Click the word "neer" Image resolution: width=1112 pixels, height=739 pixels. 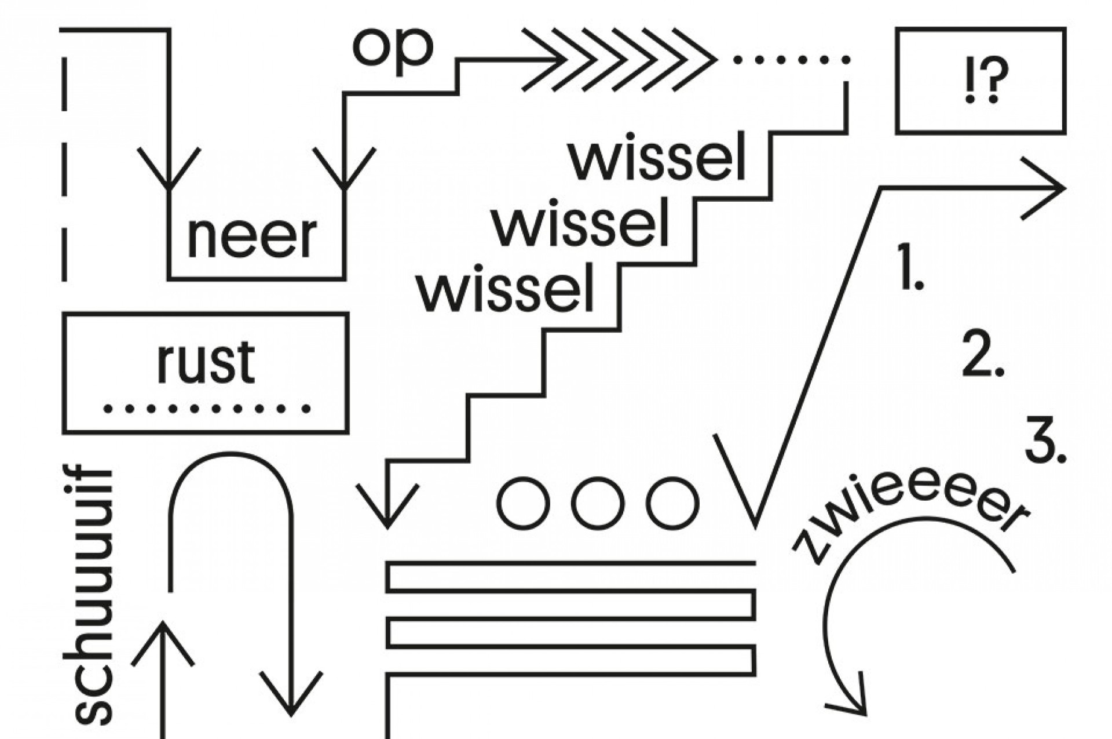point(252,237)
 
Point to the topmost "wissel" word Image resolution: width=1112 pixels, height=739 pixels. point(657,159)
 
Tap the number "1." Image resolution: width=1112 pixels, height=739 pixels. point(909,267)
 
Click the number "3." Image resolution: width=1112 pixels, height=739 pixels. point(1045,446)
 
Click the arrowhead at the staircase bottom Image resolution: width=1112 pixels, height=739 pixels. point(387,510)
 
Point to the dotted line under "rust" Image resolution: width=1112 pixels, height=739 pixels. point(207,409)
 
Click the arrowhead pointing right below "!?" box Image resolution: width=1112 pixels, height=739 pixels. point(1048,188)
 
